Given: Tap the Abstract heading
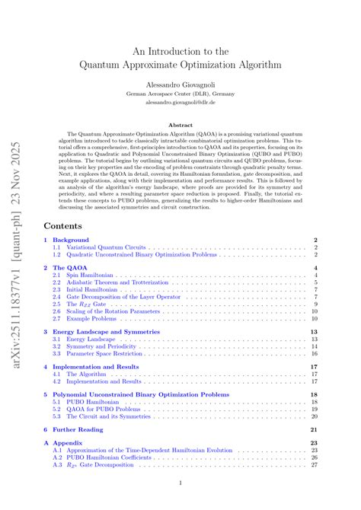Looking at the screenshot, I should click(180, 125).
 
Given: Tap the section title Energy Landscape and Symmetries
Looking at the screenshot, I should click(106, 332).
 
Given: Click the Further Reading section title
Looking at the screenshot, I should click(78, 430).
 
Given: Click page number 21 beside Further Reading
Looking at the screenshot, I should click(313, 430).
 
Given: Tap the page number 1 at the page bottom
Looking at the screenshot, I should click(180, 484).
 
